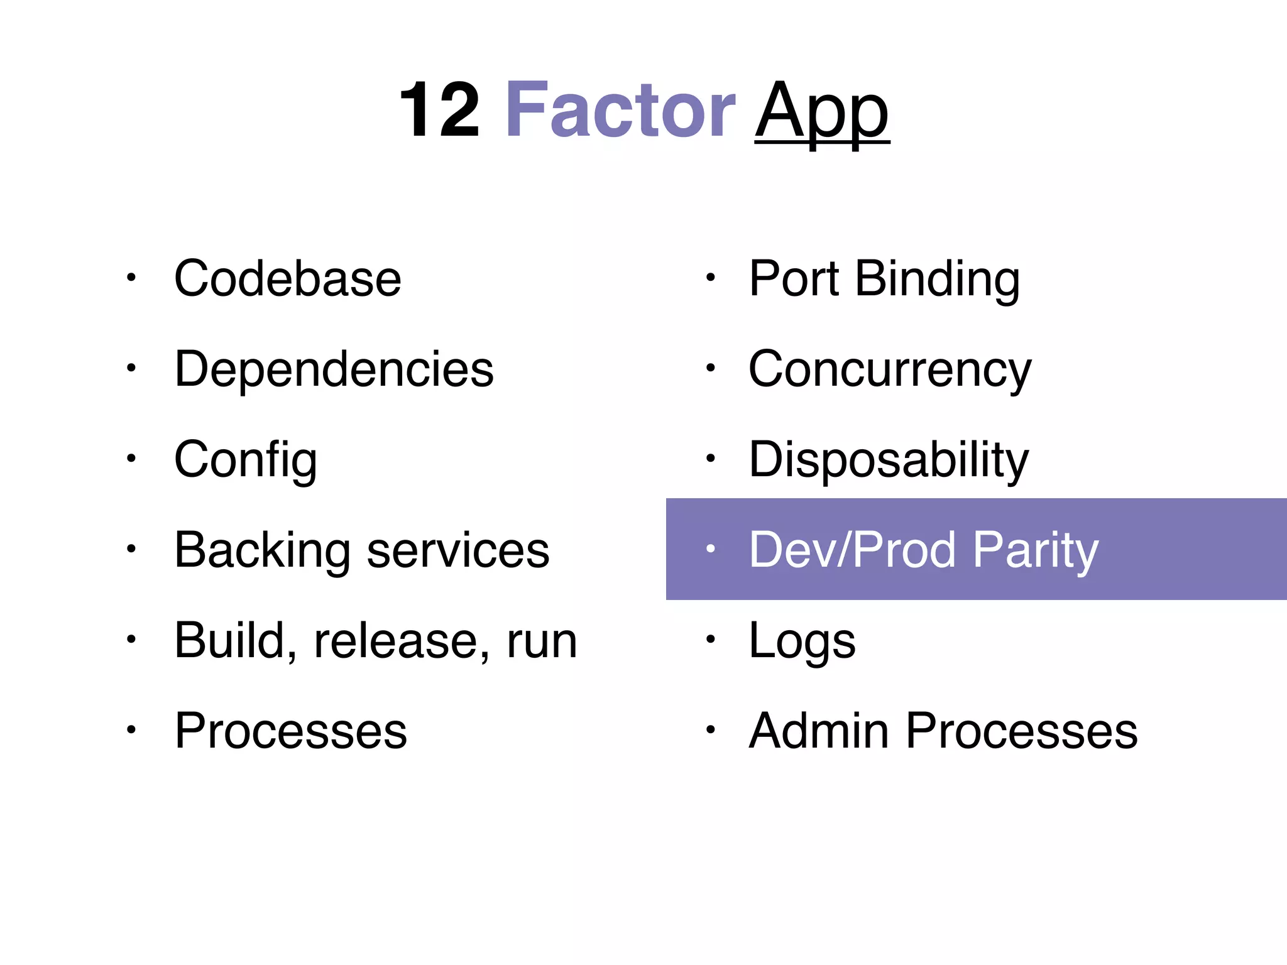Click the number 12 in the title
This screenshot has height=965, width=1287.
[x=439, y=111]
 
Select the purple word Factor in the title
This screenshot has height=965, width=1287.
[x=620, y=111]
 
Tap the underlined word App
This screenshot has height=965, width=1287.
[x=822, y=113]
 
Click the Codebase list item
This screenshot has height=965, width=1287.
[x=288, y=278]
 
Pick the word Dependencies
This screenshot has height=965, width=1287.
[x=334, y=369]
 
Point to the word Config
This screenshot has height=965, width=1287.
[x=246, y=460]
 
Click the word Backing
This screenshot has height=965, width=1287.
[x=262, y=550]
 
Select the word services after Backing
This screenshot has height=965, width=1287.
[x=458, y=550]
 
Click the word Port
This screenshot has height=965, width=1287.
[x=794, y=278]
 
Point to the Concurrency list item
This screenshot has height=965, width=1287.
[x=890, y=369]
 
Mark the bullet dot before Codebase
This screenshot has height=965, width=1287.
[x=131, y=277]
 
